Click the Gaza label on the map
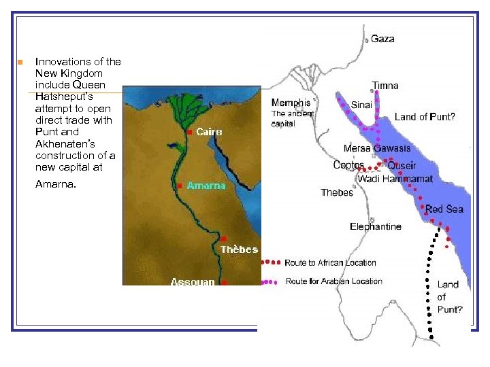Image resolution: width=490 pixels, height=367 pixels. point(382,39)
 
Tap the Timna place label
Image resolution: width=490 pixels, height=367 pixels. point(385,86)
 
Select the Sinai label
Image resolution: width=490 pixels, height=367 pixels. point(361,105)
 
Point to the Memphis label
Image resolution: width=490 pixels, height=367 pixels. point(291,103)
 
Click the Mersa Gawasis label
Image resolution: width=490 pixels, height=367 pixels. point(377,148)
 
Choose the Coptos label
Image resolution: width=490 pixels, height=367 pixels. point(348,165)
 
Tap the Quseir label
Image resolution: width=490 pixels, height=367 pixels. point(402,166)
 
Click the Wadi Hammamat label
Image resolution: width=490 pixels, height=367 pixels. point(395,179)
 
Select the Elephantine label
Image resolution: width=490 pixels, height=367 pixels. point(376,226)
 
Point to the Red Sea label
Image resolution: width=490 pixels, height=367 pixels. point(444,209)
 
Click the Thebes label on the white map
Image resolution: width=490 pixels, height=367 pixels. point(337,192)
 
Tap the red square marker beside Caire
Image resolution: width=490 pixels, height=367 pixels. point(189,133)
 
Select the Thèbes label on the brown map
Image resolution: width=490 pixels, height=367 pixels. point(239,249)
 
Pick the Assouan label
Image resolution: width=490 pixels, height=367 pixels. point(193,281)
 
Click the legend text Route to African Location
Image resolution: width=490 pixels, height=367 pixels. point(330,262)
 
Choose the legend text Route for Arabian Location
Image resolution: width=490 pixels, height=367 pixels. point(333,281)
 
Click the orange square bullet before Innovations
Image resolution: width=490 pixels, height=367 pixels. point(20,62)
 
